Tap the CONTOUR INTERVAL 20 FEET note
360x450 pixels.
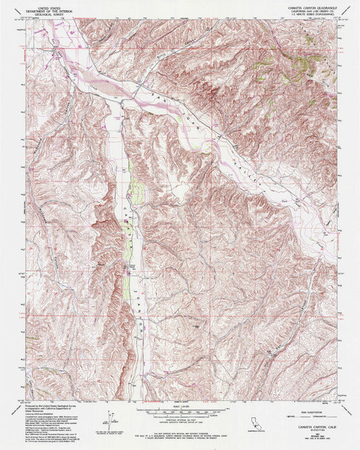[x=180, y=423]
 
